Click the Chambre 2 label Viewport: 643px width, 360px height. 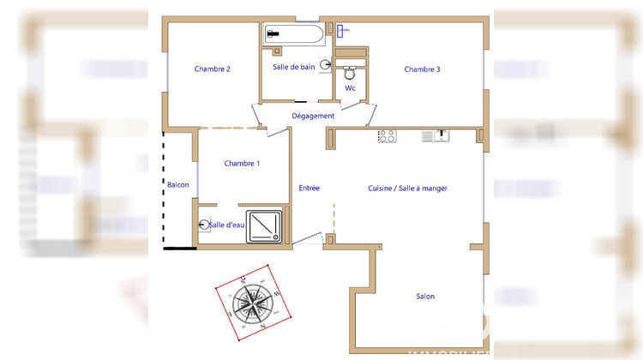pos(212,69)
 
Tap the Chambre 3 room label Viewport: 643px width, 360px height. pos(422,69)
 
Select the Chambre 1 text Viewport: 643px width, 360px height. pos(242,163)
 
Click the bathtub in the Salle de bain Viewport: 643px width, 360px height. pos(294,34)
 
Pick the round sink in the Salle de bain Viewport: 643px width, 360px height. pos(326,64)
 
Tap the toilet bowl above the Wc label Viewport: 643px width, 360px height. pos(350,71)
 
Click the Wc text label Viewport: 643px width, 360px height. pos(350,88)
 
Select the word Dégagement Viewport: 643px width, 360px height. pos(313,116)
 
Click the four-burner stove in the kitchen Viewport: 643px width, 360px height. pos(387,135)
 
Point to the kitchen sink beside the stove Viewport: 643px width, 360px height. pos(435,135)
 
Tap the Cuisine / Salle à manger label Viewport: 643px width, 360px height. pos(407,189)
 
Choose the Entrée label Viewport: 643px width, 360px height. pos(309,189)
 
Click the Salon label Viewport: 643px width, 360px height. pos(425,297)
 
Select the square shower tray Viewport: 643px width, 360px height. pos(264,225)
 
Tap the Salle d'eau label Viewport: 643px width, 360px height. pos(228,225)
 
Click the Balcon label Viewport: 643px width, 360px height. pos(177,185)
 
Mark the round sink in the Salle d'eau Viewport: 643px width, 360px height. pos(203,225)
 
